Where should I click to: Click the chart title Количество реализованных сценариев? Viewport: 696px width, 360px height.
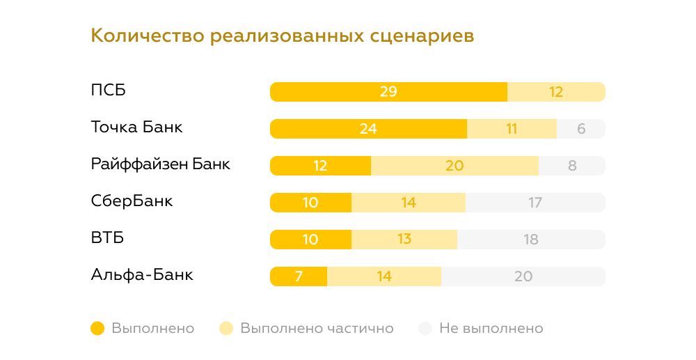tap(283, 36)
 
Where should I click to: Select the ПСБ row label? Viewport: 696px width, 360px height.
tap(109, 91)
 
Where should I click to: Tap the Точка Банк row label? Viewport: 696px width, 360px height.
tap(137, 127)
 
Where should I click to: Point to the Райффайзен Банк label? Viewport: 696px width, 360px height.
tap(160, 164)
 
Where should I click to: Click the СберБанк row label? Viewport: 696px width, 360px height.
tap(132, 201)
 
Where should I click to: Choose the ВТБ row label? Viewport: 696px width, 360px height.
tap(107, 238)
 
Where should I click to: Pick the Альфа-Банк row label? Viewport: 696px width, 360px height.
tap(142, 275)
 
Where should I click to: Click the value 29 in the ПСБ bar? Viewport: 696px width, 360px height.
tap(388, 92)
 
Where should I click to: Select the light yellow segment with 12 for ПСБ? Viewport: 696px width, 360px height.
tap(555, 92)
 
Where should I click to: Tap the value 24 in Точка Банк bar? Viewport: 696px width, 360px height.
tap(368, 129)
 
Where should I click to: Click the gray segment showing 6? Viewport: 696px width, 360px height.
tap(581, 129)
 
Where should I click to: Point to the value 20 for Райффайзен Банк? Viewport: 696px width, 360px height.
tap(454, 166)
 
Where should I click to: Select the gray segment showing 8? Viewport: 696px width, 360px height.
tap(572, 166)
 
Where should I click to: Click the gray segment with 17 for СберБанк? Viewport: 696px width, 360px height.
tap(535, 203)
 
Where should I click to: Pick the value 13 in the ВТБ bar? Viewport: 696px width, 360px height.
tap(404, 240)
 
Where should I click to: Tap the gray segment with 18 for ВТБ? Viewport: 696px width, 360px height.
tap(530, 240)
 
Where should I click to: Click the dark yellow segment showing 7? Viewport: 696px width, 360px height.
tap(299, 276)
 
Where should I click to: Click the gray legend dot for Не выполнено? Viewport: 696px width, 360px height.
tap(425, 328)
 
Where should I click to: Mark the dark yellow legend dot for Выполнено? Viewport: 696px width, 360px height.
tap(97, 328)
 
